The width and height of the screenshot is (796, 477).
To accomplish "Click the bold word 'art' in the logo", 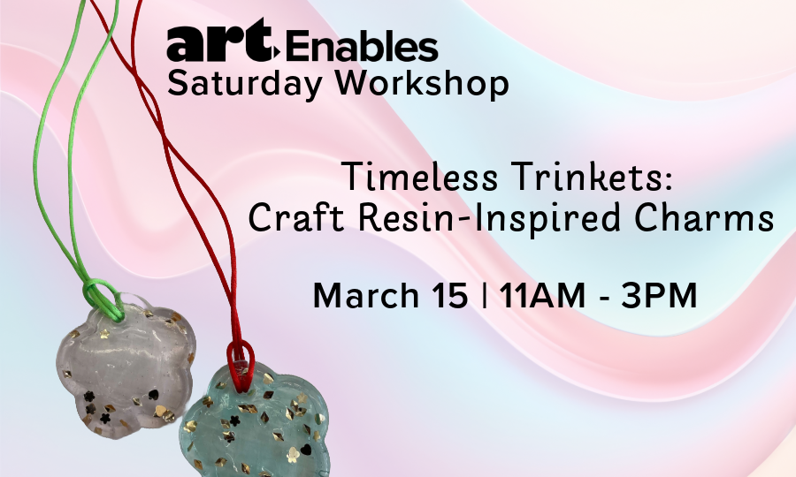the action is point(221,41).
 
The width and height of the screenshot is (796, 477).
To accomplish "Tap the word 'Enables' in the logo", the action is point(362,46).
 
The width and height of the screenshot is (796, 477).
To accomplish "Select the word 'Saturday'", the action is point(245,83).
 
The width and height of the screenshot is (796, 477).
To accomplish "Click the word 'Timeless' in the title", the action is point(420,177).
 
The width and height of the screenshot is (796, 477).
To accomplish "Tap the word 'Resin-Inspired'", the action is point(489,219).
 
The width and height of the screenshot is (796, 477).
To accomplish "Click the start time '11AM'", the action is point(542,296).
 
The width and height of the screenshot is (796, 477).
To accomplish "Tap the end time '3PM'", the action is point(659,296).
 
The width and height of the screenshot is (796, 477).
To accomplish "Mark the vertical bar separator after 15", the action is point(484,296).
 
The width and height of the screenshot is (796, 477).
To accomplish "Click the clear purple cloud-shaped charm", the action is point(126,370).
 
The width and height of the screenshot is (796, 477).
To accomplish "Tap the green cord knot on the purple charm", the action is point(103,299).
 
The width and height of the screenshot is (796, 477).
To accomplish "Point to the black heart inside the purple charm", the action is point(153,394).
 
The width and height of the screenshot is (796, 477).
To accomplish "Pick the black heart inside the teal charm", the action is point(306,449).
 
